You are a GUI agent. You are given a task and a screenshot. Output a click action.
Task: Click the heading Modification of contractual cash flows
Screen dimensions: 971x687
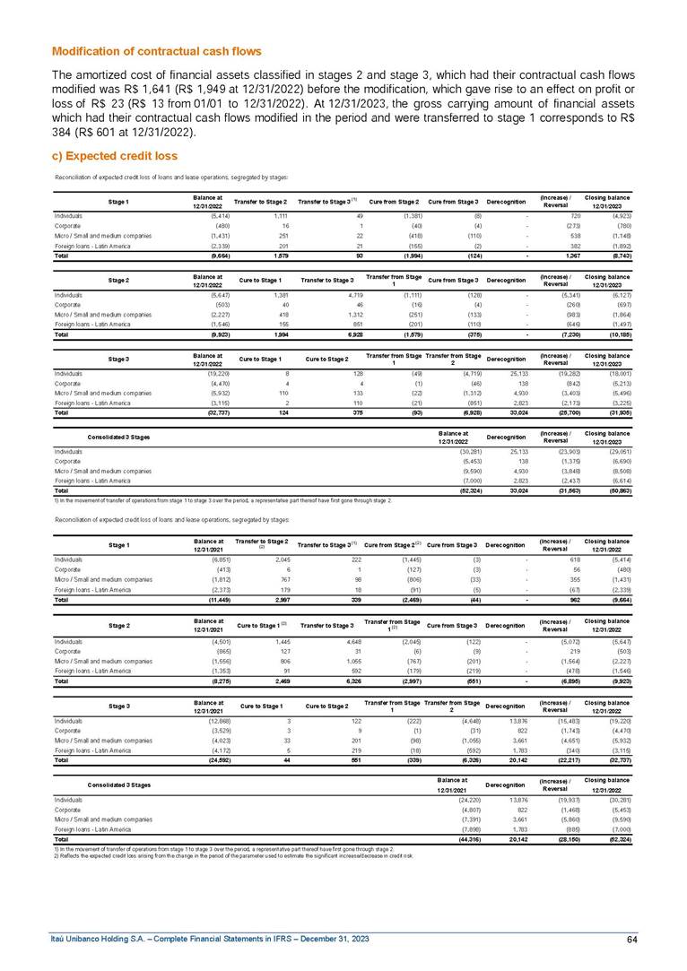(157, 51)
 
